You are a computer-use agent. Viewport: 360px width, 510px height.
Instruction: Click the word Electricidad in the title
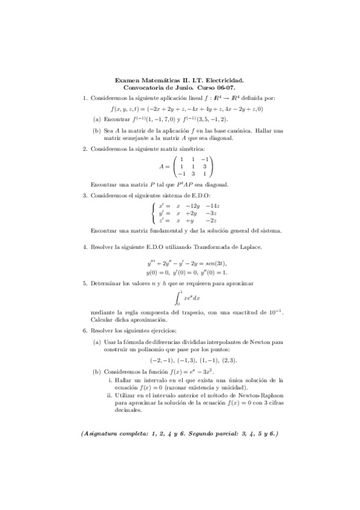(223, 79)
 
